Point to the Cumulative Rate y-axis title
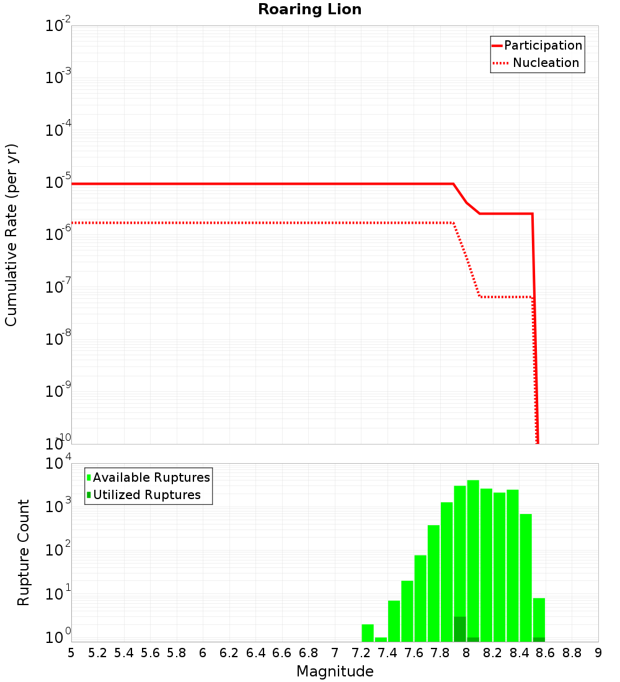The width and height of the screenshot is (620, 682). coord(11,235)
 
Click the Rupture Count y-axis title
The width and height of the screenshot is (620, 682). coord(24,552)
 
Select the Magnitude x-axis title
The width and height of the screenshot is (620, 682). coord(335,671)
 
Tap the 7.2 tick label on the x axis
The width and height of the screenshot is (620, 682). coord(361,653)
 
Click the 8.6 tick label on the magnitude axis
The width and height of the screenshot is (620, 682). coord(546,653)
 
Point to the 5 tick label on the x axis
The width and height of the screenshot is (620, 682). coord(71,653)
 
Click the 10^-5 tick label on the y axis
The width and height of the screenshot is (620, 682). coord(58,182)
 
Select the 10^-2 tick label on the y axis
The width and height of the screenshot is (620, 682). coord(58,26)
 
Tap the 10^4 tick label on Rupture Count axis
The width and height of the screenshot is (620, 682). coord(58,464)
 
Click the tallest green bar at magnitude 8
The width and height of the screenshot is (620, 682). coord(473,558)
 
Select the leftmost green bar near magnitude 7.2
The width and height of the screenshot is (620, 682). coord(368,632)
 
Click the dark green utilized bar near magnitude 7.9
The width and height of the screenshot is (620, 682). coord(459,629)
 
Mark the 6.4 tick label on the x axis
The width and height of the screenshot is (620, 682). coord(255,653)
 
